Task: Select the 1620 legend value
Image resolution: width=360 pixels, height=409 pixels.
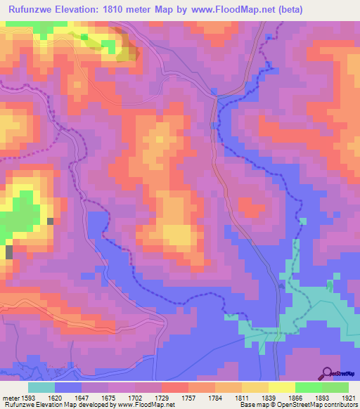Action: pyautogui.click(x=61, y=398)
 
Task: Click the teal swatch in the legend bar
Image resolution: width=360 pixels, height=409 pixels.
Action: pyautogui.click(x=41, y=387)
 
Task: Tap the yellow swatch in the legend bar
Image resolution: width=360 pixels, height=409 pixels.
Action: pyautogui.click(x=282, y=387)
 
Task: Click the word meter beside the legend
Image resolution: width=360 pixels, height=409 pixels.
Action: pyautogui.click(x=9, y=398)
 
